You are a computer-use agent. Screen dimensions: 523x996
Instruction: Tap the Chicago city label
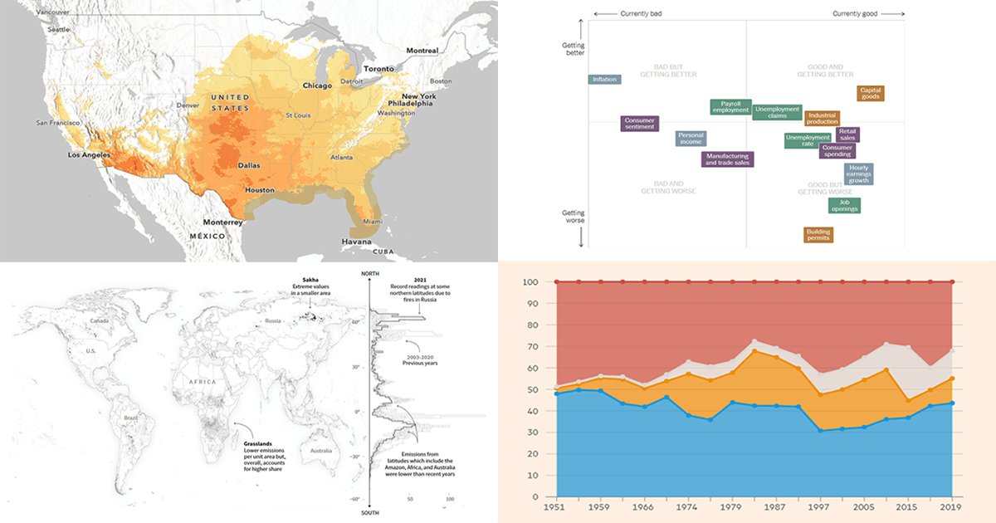point(317,85)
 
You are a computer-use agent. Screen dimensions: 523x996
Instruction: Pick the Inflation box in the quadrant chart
point(603,80)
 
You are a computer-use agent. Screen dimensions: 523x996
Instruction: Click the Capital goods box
point(870,93)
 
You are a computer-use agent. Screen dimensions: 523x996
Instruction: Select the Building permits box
point(818,235)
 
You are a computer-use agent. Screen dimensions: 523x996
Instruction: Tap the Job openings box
point(844,205)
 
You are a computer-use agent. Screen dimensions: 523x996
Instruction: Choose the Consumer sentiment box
point(639,124)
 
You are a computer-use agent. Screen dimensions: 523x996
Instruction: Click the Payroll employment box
point(730,107)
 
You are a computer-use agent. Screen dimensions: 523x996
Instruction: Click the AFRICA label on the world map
point(203,382)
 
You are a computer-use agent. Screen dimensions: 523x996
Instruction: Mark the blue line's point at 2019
point(952,403)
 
